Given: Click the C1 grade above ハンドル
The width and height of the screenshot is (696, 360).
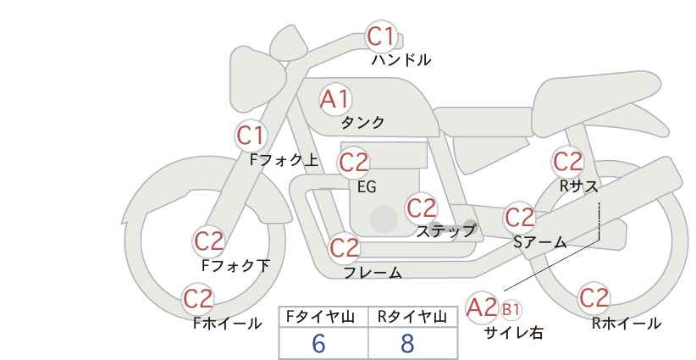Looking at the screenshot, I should coord(381,36).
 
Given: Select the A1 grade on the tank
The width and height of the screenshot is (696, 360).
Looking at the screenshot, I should coord(334,99).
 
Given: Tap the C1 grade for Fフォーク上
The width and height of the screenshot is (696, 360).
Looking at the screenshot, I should coord(251,135).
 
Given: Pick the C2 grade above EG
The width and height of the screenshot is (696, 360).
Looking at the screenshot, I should coord(354,162).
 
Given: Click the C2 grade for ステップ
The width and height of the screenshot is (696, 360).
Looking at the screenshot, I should coord(421,208).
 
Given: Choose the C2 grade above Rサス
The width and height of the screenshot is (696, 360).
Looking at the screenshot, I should coord(567,161).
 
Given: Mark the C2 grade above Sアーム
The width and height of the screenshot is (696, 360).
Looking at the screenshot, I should coord(520,218).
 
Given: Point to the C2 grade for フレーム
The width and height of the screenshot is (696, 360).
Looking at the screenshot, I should coord(344,248).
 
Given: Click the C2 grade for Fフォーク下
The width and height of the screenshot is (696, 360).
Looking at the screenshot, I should coord(208,241).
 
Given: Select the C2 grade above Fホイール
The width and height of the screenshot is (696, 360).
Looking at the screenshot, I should coord(199,298).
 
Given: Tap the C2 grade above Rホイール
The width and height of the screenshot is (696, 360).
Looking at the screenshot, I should coord(594,298).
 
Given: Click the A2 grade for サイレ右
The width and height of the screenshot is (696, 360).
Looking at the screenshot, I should coord(482,307).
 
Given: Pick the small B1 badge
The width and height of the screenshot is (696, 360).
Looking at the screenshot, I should coord(511,308).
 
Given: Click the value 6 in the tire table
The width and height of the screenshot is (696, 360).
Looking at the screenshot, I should coord(318,343).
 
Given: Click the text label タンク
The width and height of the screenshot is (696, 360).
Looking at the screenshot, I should coord(362,122).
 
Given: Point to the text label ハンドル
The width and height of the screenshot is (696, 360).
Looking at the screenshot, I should coord(401,60).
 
